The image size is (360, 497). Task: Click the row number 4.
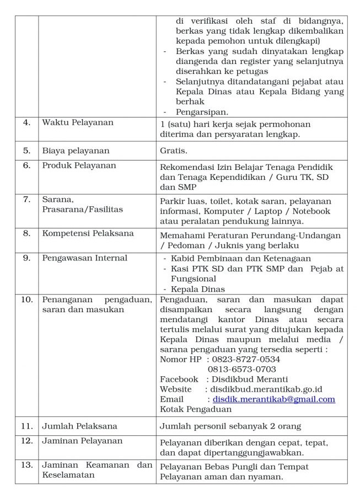(x=26, y=122)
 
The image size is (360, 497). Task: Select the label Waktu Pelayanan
(x=78, y=122)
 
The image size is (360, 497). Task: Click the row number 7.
(x=26, y=199)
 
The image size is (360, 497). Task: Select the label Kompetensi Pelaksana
(x=88, y=233)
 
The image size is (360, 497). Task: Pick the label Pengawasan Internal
(x=84, y=258)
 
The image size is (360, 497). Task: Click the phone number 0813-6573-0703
(x=242, y=370)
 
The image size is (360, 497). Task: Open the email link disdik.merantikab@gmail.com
(x=274, y=399)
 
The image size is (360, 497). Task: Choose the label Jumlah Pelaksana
(x=79, y=426)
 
